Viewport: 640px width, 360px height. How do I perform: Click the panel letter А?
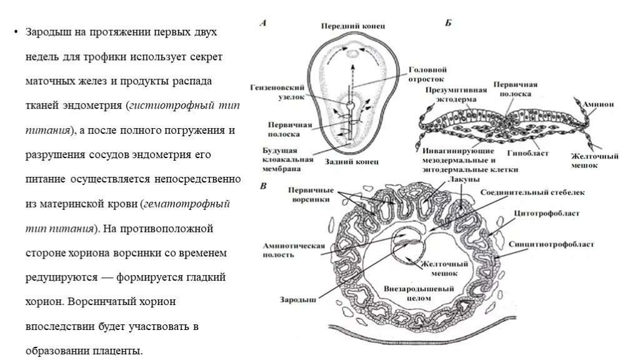pyautogui.click(x=263, y=23)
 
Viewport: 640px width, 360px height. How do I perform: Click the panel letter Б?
pyautogui.click(x=448, y=23)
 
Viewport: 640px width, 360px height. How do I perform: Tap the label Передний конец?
pyautogui.click(x=353, y=26)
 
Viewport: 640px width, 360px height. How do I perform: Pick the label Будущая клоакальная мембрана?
pyautogui.click(x=287, y=160)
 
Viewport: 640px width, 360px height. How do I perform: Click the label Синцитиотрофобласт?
pyautogui.click(x=551, y=244)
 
